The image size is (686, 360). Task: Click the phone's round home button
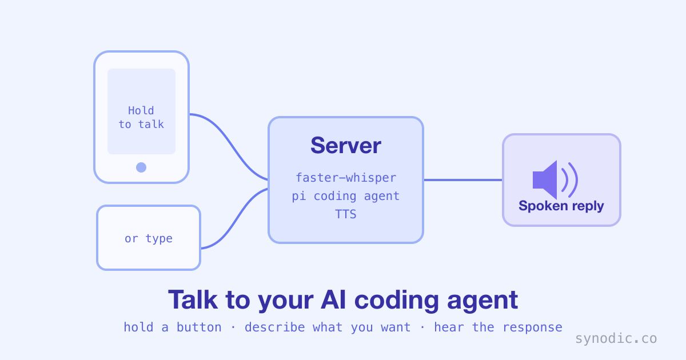point(141,167)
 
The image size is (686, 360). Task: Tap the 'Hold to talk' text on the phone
point(141,118)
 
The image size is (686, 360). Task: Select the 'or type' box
point(149,238)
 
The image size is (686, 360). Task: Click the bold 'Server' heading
point(346,145)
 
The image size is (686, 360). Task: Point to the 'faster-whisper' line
point(346,178)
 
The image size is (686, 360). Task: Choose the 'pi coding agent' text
point(346,196)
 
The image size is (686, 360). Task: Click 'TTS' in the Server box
point(346,214)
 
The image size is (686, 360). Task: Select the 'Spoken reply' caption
point(561,206)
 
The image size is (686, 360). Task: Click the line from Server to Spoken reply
point(463,180)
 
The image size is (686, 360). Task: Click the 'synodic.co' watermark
point(616,338)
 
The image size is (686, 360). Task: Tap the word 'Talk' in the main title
point(193,300)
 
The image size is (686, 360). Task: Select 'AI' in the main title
point(333,300)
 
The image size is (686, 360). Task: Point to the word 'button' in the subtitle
point(199,327)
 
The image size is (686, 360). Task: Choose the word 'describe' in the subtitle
point(275,327)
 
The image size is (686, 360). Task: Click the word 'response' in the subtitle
point(533,328)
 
